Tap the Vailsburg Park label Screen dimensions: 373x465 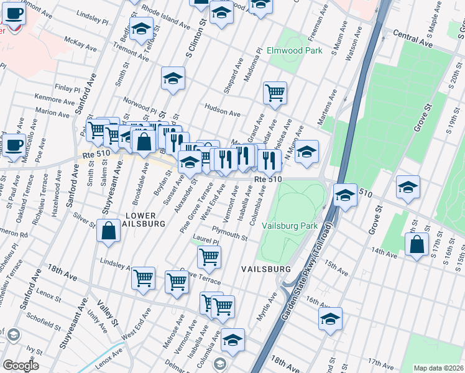coord(290,226)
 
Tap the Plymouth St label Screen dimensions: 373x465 coord(229,230)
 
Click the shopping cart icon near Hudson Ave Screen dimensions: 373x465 coord(275,93)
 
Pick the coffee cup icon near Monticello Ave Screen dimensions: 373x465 coord(15,144)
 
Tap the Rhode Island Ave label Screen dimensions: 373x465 coord(163,17)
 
